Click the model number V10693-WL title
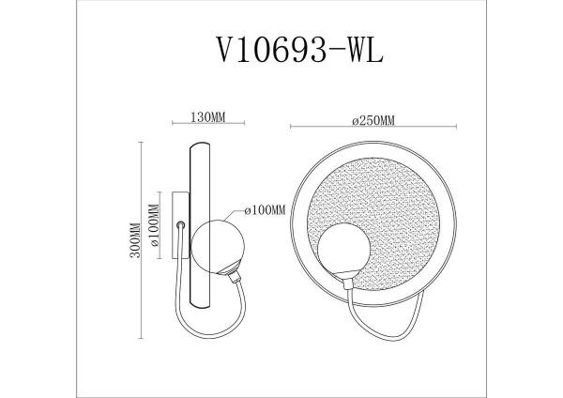coord(281,48)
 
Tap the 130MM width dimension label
coord(206,118)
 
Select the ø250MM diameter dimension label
coord(373,118)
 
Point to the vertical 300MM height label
coord(135,241)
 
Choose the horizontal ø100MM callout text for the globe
coord(264,210)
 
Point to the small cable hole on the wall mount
coord(180,223)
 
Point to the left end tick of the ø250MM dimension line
coord(291,128)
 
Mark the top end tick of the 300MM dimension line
coord(142,142)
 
